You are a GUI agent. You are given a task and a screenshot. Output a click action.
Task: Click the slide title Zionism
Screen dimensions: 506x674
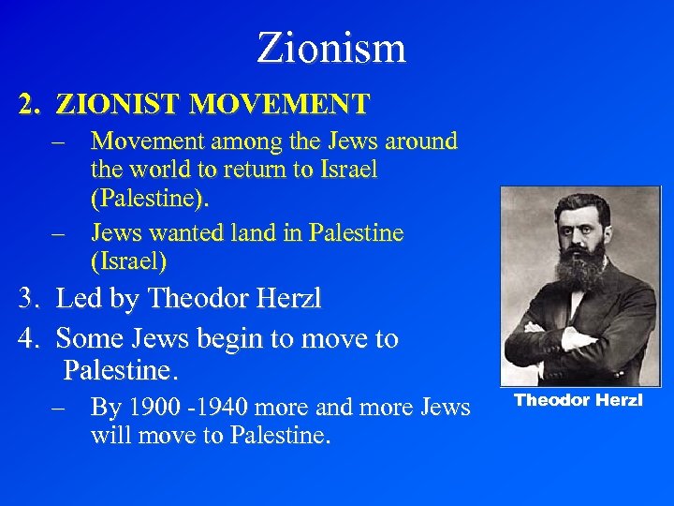pos(331,48)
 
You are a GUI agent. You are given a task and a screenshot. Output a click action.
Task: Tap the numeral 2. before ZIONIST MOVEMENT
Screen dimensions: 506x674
pos(30,103)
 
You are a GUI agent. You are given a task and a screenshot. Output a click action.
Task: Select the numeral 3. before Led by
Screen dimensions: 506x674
pos(30,299)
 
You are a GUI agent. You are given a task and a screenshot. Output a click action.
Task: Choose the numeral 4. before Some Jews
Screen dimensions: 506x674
pos(30,338)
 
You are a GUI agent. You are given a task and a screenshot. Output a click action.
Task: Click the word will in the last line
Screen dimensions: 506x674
pos(110,437)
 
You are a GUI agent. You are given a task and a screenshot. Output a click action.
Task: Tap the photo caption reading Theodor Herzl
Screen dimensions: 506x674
pos(579,400)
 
